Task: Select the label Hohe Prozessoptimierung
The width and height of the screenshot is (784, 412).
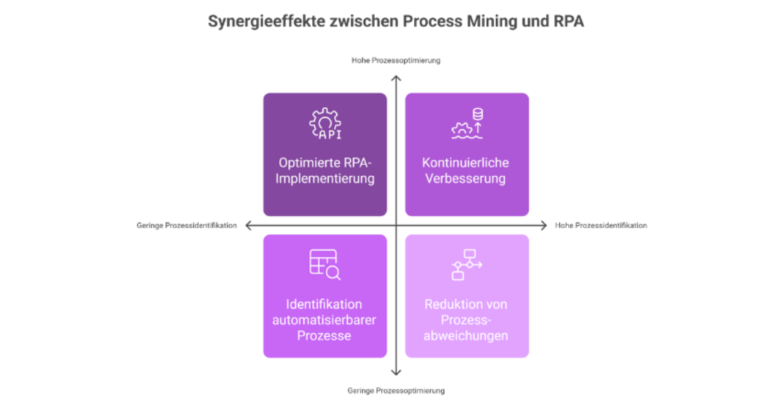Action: point(395,60)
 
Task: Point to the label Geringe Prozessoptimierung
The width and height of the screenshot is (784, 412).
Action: point(395,391)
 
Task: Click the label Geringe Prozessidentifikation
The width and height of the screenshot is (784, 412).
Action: point(186,225)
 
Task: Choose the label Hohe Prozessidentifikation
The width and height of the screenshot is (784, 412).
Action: point(600,225)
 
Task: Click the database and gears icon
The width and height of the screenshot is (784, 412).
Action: point(468,124)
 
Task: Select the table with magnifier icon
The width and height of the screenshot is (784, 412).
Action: point(325,264)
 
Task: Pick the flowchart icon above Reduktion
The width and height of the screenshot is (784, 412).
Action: point(467,265)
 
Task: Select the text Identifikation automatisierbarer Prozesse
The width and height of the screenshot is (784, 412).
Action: point(325,320)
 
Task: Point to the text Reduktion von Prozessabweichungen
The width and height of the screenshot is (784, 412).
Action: point(466,320)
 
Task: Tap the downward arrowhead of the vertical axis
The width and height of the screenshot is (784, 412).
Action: point(395,374)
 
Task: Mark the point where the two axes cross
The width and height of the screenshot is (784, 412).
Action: point(395,225)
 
